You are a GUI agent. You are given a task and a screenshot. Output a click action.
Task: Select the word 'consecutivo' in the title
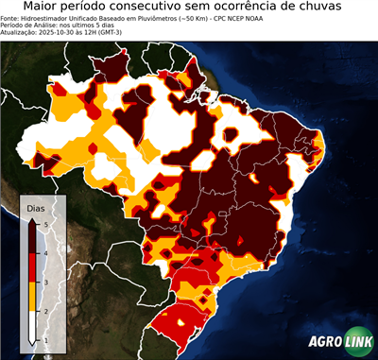pyautogui.click(x=168, y=8)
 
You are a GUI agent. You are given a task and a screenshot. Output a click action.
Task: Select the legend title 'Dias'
pyautogui.click(x=35, y=207)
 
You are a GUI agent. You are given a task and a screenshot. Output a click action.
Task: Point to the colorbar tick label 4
pyautogui.click(x=44, y=252)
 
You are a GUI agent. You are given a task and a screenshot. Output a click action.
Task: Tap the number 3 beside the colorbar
pyautogui.click(x=44, y=282)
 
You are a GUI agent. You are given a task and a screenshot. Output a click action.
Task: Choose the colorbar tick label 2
pyautogui.click(x=44, y=310)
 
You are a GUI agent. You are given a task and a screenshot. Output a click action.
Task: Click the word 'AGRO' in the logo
pyautogui.click(x=324, y=342)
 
